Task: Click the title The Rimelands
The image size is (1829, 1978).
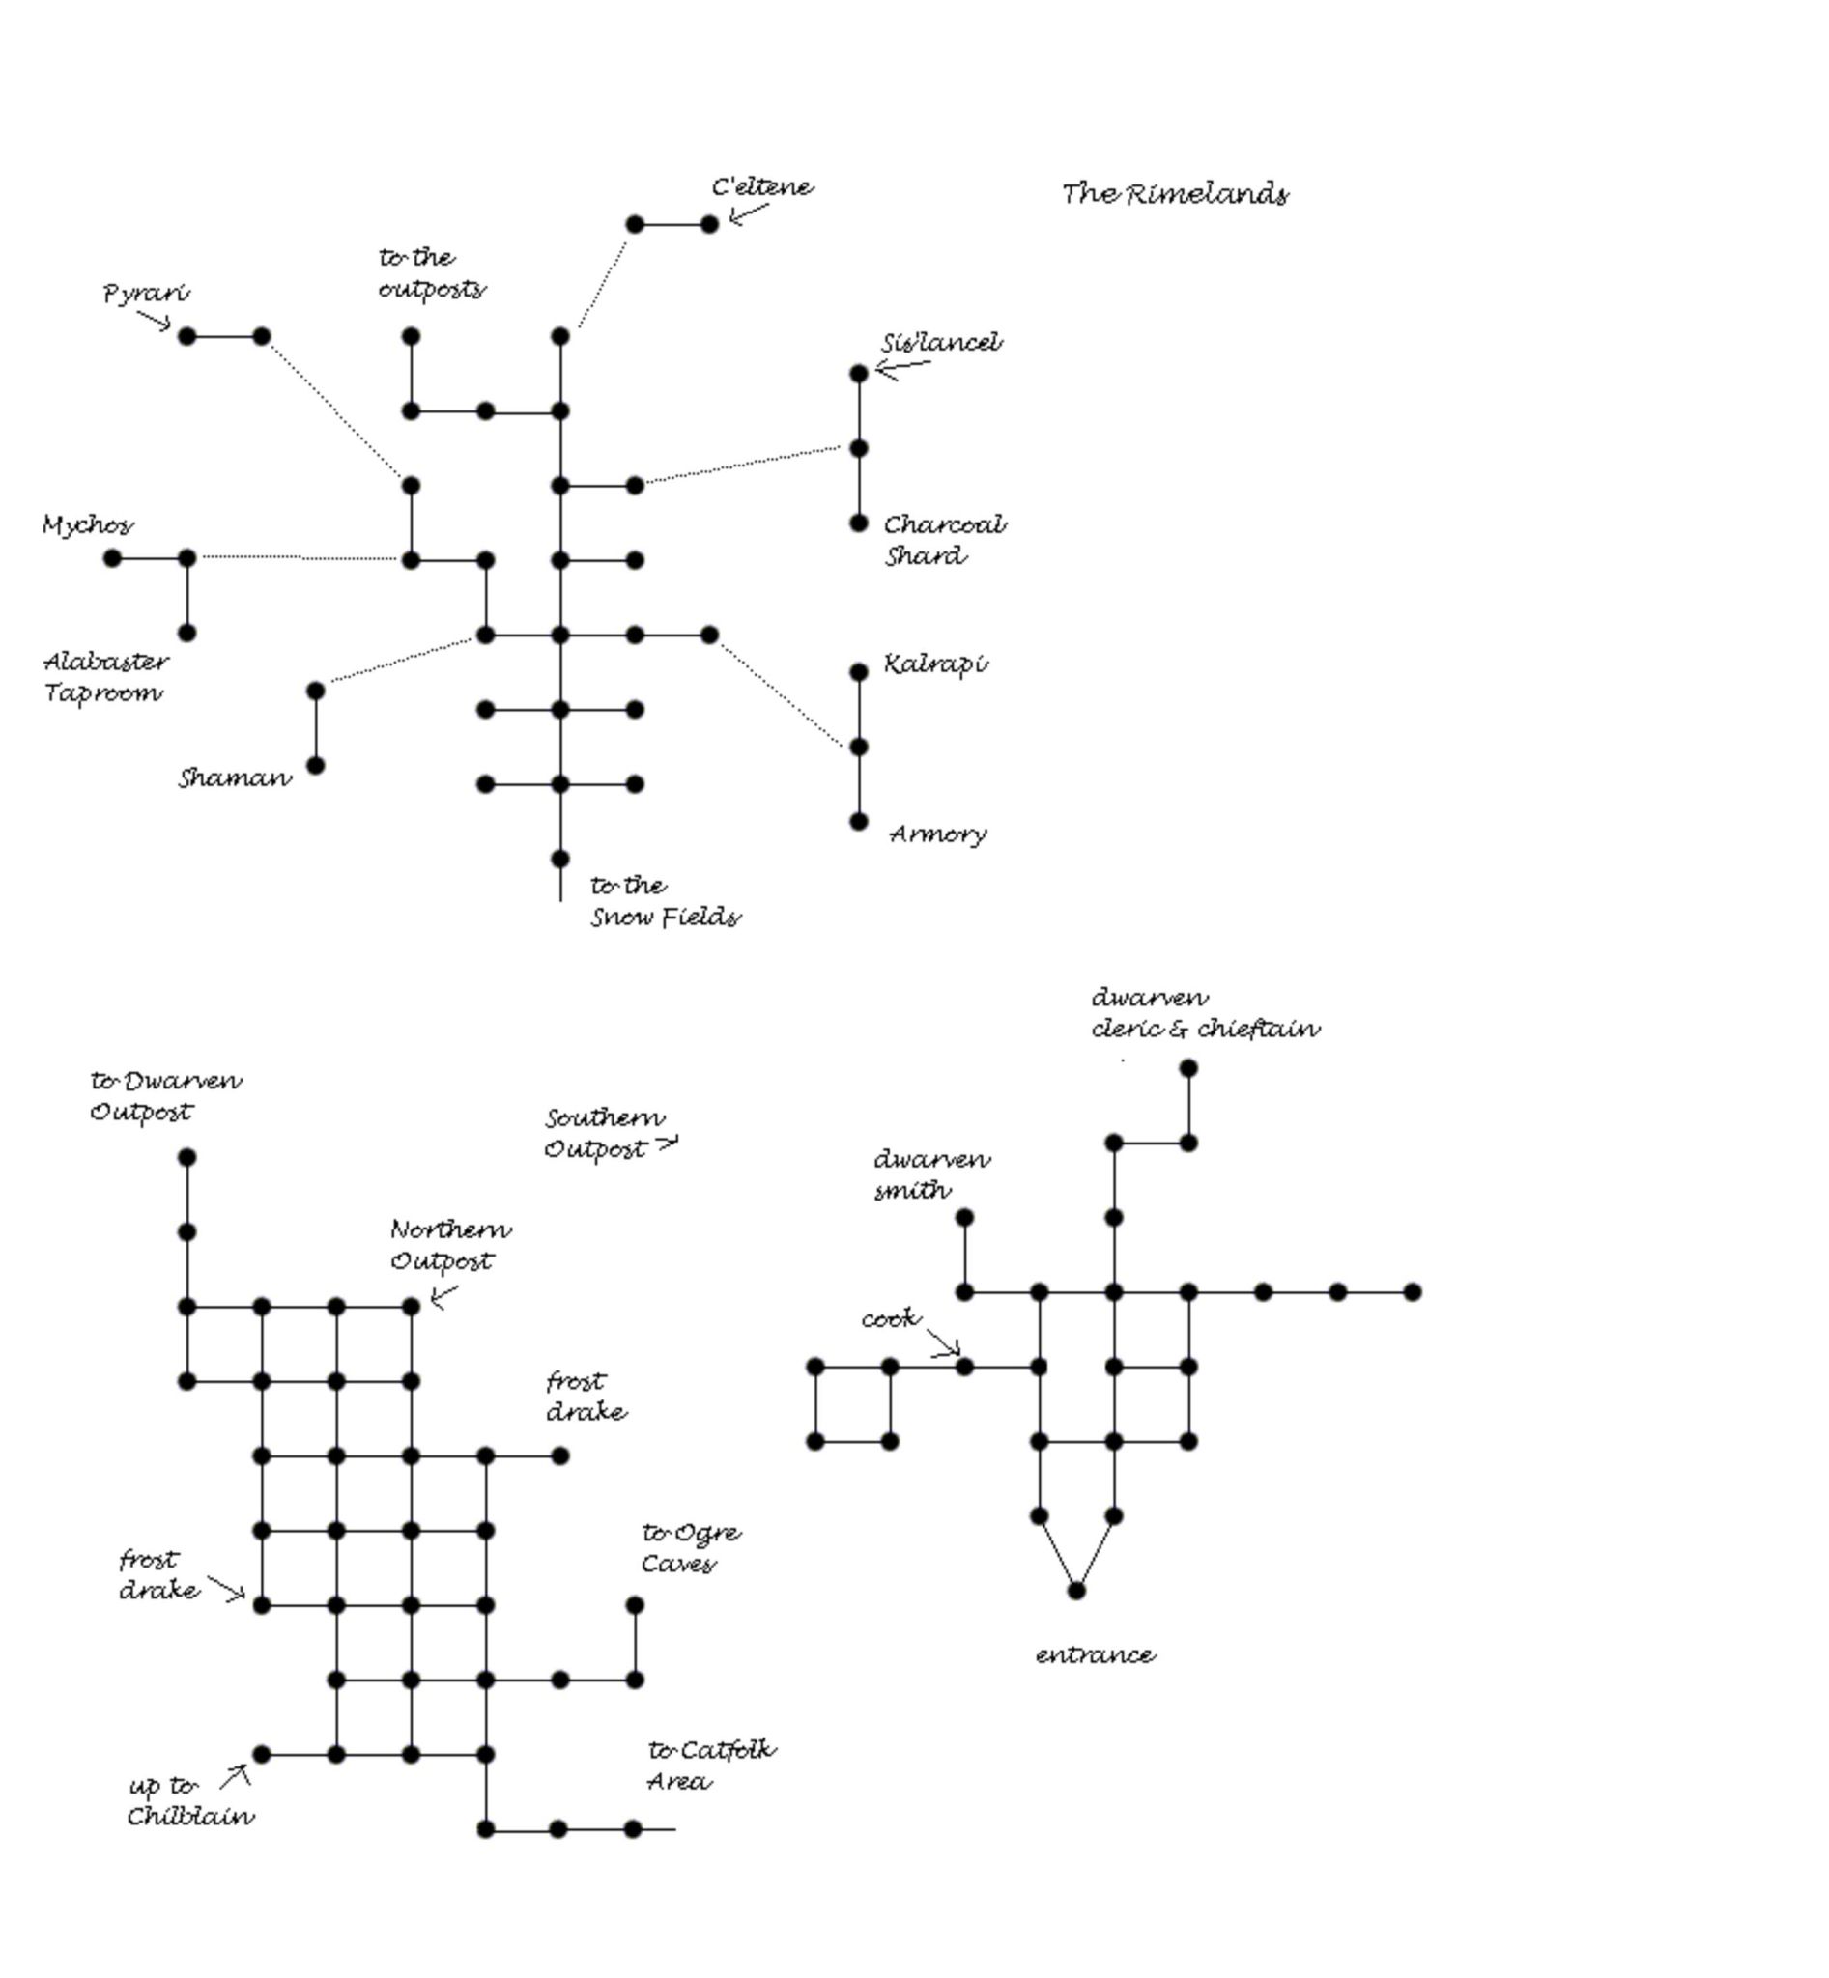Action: pyautogui.click(x=1175, y=194)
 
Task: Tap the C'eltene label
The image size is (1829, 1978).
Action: pyautogui.click(x=762, y=187)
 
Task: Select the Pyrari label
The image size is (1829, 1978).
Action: pyautogui.click(x=147, y=293)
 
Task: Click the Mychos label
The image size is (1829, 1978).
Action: pyautogui.click(x=87, y=524)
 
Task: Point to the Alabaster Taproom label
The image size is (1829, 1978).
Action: pyautogui.click(x=105, y=677)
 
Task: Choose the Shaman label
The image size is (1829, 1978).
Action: pyautogui.click(x=235, y=778)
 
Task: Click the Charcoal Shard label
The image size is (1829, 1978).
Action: pyautogui.click(x=943, y=539)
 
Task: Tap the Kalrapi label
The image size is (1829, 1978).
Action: pyautogui.click(x=934, y=664)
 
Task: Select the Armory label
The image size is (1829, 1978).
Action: pyautogui.click(x=937, y=834)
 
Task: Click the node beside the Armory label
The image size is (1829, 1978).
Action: pyautogui.click(x=858, y=821)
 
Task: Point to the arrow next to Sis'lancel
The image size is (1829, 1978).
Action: pyautogui.click(x=901, y=369)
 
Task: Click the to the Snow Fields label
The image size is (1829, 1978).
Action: pyautogui.click(x=664, y=901)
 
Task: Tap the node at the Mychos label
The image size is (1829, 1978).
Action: pyautogui.click(x=113, y=559)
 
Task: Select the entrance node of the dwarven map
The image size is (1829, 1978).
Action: pyautogui.click(x=1075, y=1590)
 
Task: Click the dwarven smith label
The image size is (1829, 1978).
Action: pyautogui.click(x=930, y=1173)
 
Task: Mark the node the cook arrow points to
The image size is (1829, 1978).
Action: pyautogui.click(x=964, y=1367)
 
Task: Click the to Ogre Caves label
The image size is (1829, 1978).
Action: pyautogui.click(x=690, y=1547)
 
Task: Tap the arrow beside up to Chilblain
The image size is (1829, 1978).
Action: pyautogui.click(x=236, y=1776)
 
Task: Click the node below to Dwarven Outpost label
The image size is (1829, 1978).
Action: pyautogui.click(x=187, y=1157)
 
